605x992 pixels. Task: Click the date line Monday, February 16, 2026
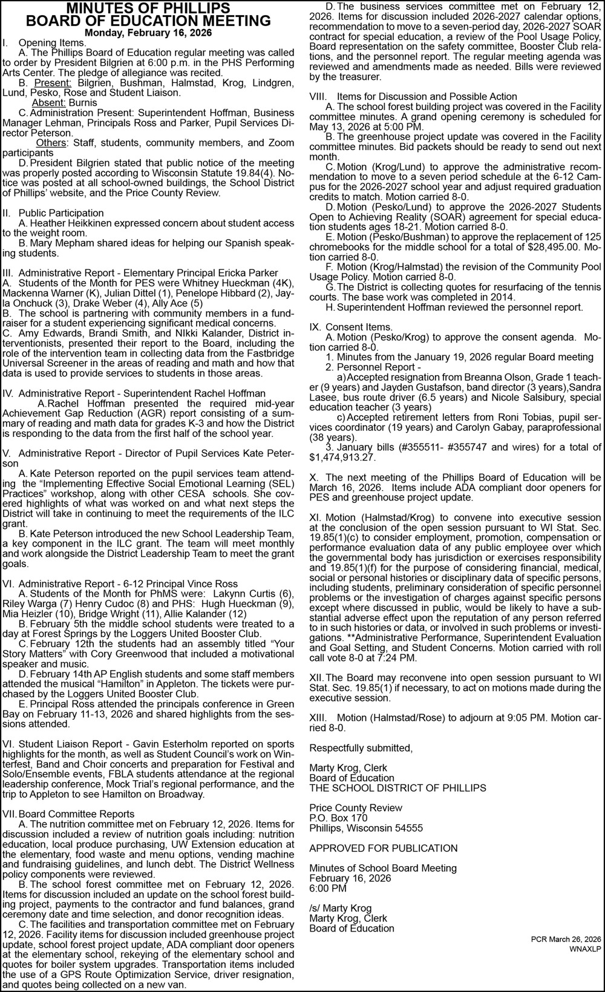pos(148,33)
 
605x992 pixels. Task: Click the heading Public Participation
pos(61,213)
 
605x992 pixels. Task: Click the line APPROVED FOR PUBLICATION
pos(384,848)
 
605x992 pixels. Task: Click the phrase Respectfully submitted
pos(361,747)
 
